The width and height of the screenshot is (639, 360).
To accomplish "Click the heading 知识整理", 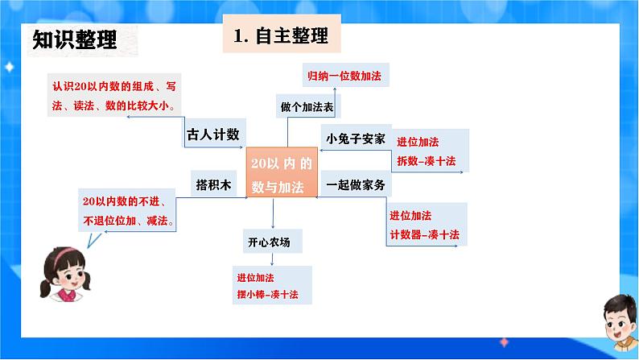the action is [75, 39].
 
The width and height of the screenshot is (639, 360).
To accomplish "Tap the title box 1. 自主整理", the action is [282, 34].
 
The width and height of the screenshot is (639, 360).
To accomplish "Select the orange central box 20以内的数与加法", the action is [282, 172].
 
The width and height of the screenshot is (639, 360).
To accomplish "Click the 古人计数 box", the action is [213, 133].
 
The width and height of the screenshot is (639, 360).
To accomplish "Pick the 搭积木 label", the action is [213, 184].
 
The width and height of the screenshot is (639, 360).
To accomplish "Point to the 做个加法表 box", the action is [307, 106].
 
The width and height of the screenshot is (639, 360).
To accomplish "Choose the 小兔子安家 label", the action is [356, 139].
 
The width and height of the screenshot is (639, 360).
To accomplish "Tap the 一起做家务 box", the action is [356, 184].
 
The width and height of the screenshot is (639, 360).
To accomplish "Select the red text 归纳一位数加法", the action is [344, 76].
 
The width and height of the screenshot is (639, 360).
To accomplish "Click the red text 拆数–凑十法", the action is [426, 161].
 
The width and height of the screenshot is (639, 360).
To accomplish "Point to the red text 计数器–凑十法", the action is [424, 234].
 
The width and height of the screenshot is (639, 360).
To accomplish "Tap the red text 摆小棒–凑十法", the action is [267, 294].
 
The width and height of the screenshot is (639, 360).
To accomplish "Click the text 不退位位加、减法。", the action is [129, 221].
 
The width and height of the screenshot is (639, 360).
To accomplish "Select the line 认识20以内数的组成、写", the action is [114, 86].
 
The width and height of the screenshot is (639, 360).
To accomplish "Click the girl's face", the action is [68, 274].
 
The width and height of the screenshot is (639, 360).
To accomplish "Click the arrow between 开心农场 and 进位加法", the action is [272, 259].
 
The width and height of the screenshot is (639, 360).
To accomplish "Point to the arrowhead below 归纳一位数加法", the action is [335, 89].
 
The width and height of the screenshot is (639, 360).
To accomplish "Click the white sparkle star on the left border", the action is [9, 67].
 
